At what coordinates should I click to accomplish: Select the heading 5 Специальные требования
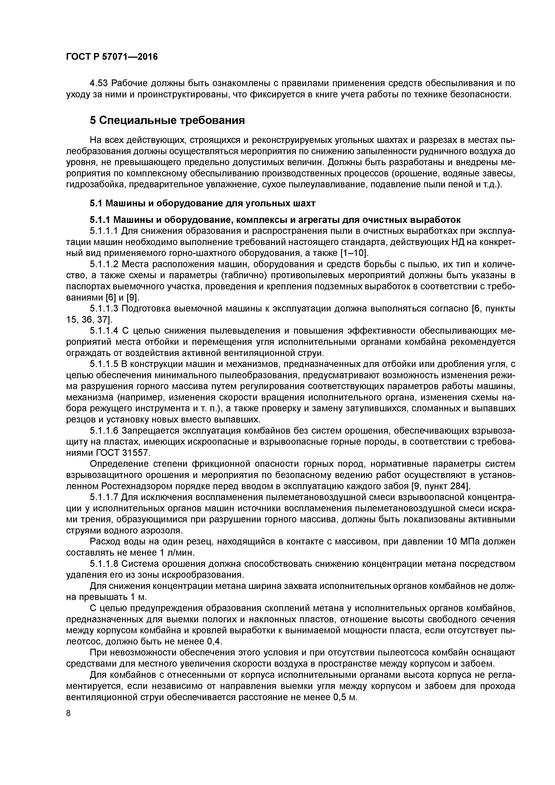[168, 120]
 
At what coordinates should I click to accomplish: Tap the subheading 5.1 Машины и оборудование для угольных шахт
[203, 203]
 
